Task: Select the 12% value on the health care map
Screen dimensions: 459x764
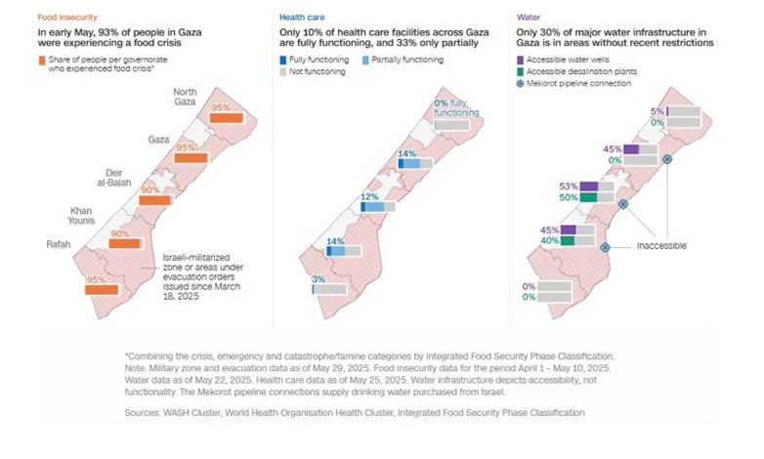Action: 370,195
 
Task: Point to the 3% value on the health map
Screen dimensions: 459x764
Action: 319,280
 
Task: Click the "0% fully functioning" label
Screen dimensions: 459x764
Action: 456,108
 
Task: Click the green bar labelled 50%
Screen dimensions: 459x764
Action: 588,198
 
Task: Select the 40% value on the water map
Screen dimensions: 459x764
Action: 550,240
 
